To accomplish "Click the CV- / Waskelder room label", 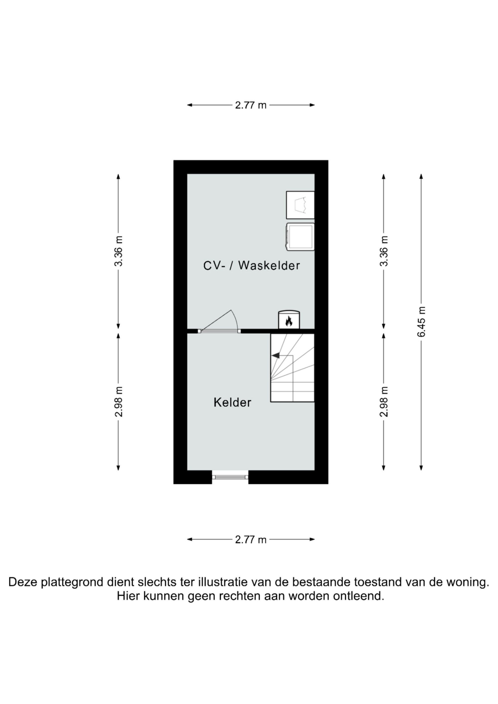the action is point(251,266).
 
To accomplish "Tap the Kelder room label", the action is point(232,402).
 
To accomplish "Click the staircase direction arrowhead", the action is point(276,355).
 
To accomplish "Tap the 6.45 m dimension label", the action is point(421,322).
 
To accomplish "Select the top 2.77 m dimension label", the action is point(251,105).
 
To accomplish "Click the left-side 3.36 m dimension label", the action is point(119,251).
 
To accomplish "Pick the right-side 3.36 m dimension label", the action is point(384,251).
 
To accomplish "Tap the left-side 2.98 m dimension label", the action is point(119,402).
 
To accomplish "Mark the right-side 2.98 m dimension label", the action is point(384,402).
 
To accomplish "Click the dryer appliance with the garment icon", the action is point(300,205).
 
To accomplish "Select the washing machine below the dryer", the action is point(300,237).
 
